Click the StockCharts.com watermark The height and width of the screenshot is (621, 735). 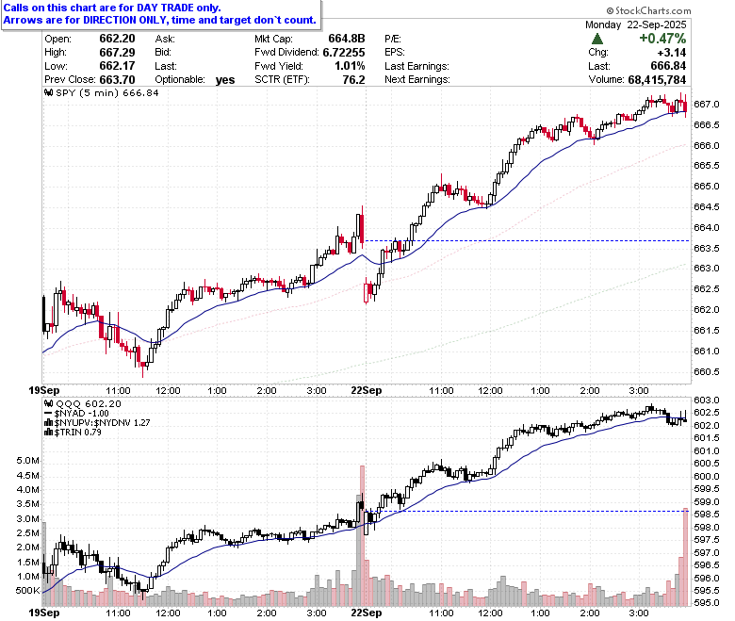point(648,10)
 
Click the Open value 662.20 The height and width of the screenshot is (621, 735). point(117,39)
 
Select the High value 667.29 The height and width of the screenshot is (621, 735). point(117,52)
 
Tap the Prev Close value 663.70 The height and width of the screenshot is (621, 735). point(117,79)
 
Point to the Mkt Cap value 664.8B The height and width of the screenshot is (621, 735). point(347,39)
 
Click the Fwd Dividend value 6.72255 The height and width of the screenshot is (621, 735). point(344,52)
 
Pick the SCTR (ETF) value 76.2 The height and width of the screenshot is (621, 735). point(354,79)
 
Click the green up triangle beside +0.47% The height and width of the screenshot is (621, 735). point(597,39)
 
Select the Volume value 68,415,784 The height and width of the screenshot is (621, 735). point(657,80)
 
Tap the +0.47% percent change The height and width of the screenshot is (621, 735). point(662,38)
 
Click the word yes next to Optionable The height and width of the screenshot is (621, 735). point(225,80)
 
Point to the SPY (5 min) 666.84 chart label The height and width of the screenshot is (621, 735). point(102,92)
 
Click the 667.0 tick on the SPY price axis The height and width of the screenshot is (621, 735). point(706,104)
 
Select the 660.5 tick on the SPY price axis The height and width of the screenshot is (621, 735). point(706,371)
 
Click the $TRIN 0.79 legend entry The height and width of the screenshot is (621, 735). point(73,432)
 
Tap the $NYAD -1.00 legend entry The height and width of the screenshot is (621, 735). point(76,414)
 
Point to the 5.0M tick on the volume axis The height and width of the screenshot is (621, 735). point(27,461)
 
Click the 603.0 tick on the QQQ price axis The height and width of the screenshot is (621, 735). point(706,400)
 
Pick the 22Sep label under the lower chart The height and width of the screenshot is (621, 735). point(367,613)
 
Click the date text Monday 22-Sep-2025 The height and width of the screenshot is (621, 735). point(636,25)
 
